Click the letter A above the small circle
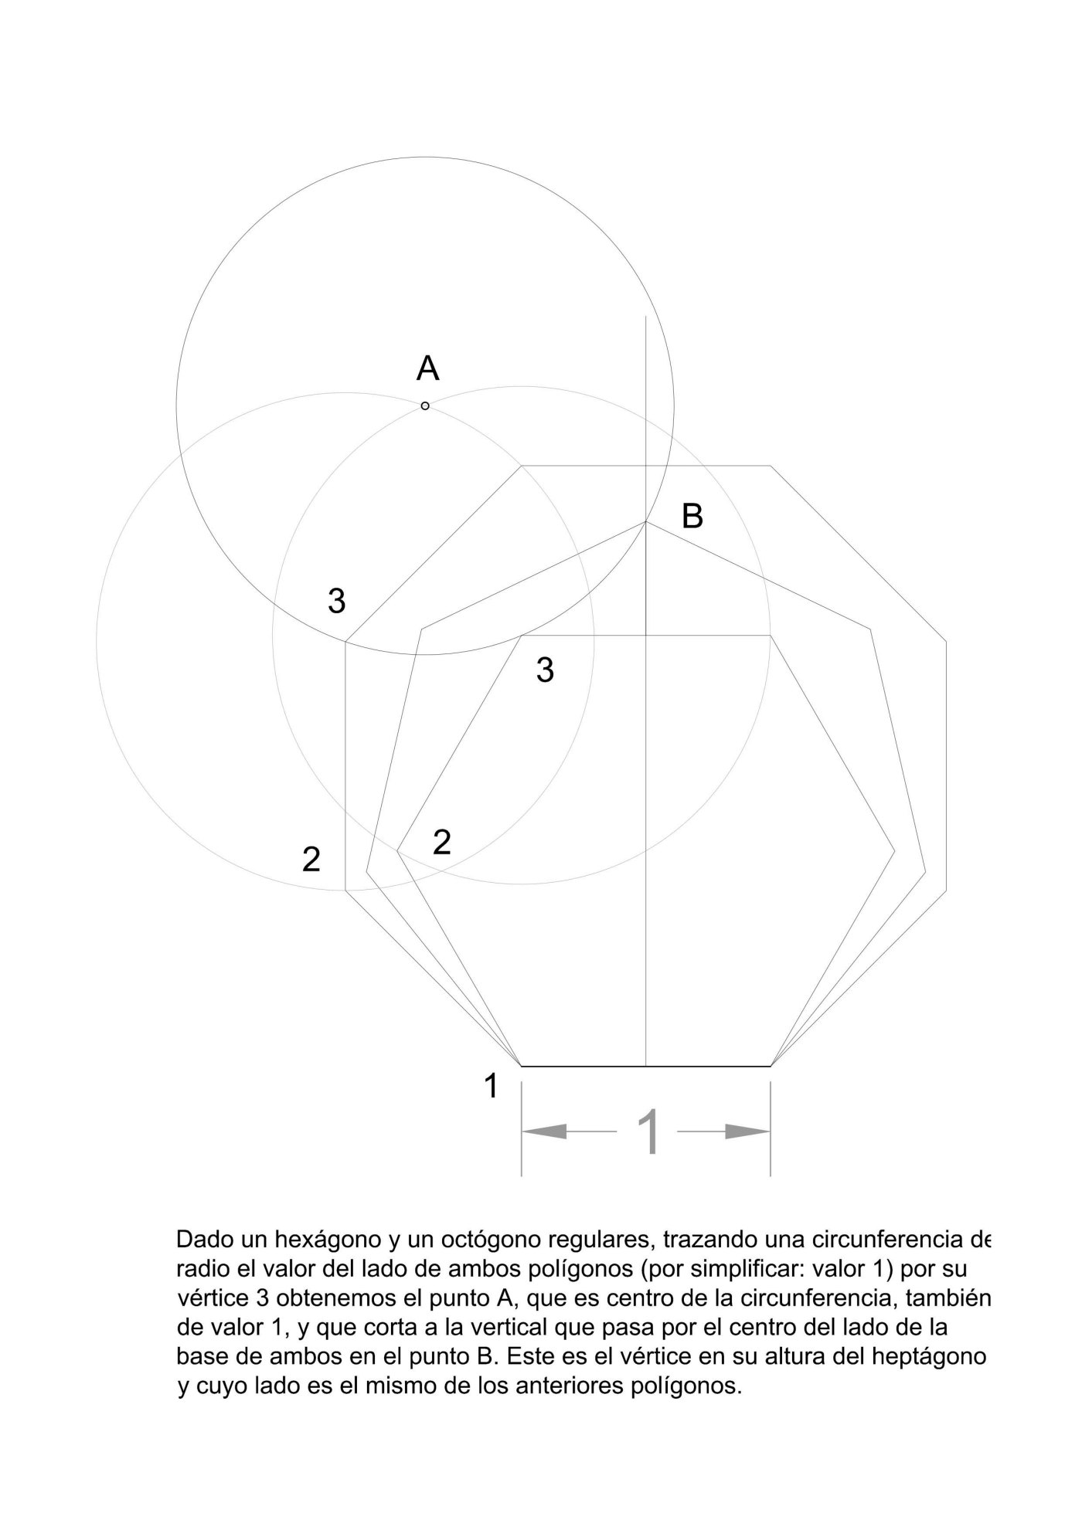click(x=427, y=368)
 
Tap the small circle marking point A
click(x=425, y=405)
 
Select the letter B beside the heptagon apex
click(x=692, y=516)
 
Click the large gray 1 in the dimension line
click(x=651, y=1132)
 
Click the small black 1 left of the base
click(x=491, y=1086)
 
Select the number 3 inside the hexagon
click(x=545, y=670)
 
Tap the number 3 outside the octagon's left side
click(x=336, y=601)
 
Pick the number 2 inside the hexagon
click(x=441, y=843)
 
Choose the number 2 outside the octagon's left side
click(x=311, y=860)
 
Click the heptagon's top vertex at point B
click(x=646, y=522)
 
